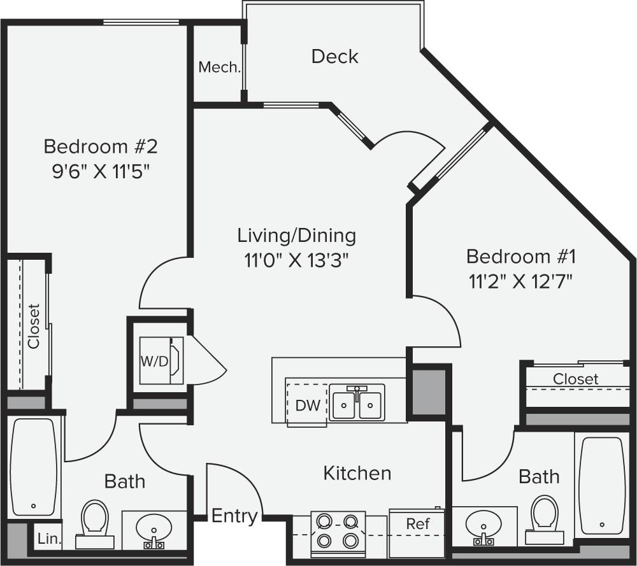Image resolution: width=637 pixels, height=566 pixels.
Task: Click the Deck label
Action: coord(334,56)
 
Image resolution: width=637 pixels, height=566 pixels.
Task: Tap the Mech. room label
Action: coord(219,67)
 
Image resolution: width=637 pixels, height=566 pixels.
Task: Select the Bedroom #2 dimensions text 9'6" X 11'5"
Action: coord(100,171)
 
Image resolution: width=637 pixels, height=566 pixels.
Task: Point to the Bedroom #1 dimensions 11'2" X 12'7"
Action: coord(521,281)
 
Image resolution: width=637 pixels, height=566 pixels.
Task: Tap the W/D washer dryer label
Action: coord(154,362)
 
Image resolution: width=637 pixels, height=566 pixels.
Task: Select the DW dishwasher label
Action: coord(308,406)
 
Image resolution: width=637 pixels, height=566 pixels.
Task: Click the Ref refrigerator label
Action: coord(418,524)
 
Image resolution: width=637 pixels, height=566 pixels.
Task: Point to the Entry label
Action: coord(234,515)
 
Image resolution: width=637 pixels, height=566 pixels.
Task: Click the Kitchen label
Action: coord(357,473)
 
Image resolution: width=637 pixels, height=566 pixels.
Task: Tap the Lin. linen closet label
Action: coord(48,539)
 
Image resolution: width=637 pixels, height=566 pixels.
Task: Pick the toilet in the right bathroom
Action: coord(545,516)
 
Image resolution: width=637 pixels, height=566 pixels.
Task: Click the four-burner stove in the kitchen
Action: coord(338,531)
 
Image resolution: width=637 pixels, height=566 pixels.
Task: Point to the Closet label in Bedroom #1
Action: coord(575,379)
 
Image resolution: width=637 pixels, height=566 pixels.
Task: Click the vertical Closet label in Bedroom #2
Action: coord(34,326)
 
